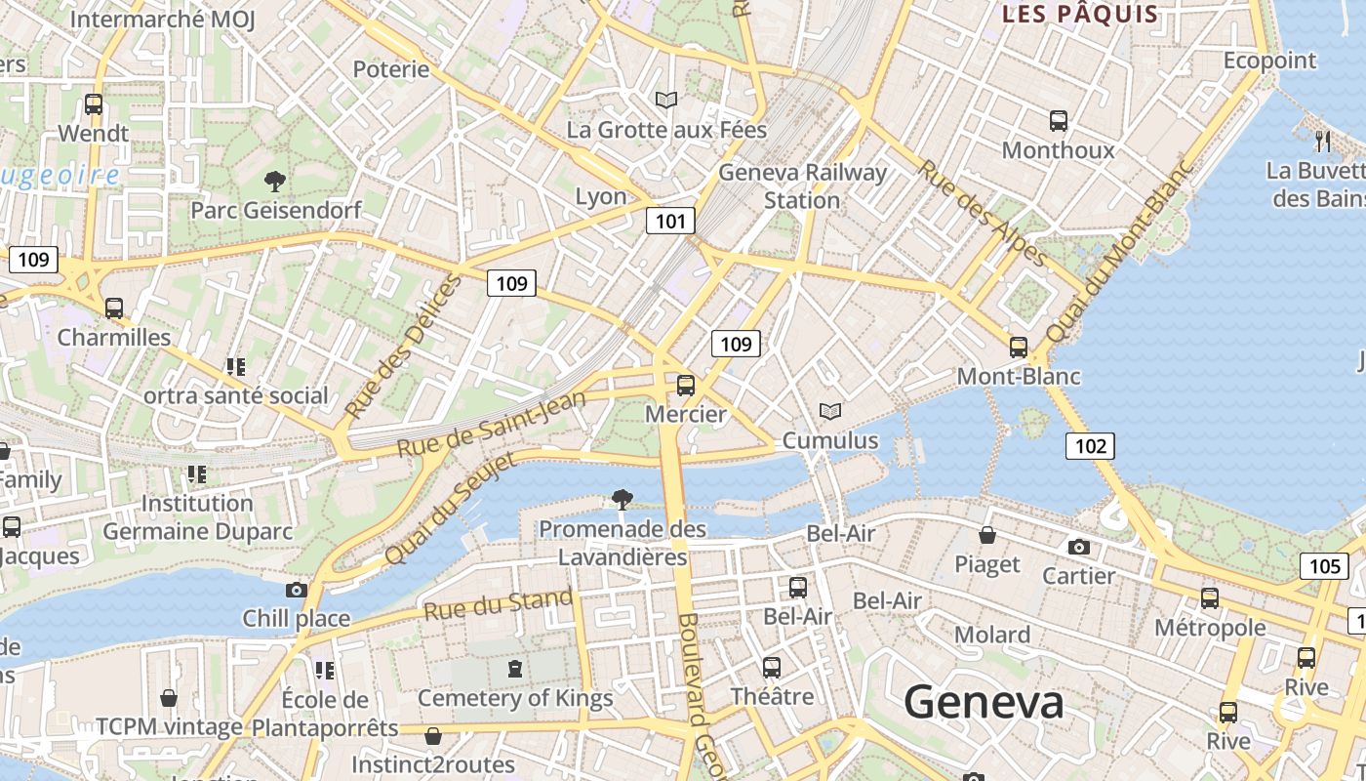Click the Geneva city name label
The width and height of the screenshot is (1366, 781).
pos(983,702)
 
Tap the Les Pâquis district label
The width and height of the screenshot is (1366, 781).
pos(1080,15)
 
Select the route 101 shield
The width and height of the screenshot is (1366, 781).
pos(670,221)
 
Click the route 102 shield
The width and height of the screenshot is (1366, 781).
pos(1089,446)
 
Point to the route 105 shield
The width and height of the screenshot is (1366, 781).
pos(1323,565)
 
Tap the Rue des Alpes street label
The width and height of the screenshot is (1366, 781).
pos(983,214)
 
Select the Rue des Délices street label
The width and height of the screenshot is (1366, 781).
pos(403,348)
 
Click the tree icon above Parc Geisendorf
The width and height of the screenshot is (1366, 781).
pos(275,181)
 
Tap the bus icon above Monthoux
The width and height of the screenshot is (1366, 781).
pos(1059,121)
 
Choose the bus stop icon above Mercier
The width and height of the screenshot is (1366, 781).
pos(686,385)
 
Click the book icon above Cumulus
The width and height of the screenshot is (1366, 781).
pos(830,412)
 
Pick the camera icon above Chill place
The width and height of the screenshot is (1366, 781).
pos(296,590)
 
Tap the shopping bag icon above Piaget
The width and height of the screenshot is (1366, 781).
pos(987,535)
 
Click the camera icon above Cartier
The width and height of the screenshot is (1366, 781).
pos(1078,547)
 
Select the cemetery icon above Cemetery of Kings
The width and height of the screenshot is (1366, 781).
pos(514,669)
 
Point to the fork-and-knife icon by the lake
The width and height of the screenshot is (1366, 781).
pos(1323,141)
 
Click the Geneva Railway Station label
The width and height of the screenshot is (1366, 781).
pos(802,185)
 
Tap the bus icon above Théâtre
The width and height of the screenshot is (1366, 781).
pos(772,668)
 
